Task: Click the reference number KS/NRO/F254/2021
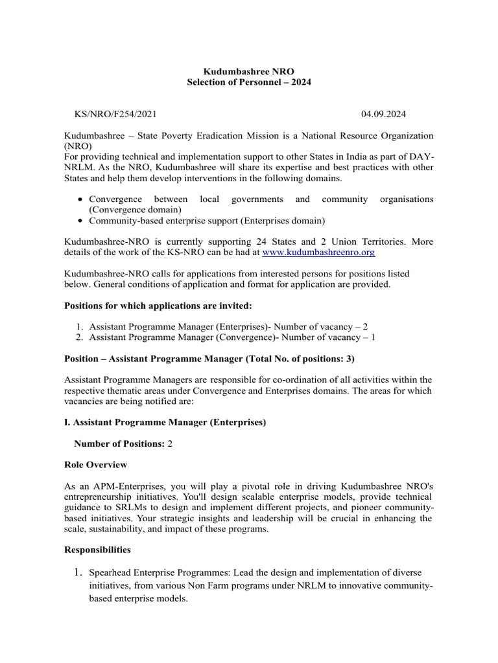pos(115,115)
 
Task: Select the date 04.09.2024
pos(383,115)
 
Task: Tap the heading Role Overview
pos(95,465)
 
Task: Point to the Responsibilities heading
pos(97,550)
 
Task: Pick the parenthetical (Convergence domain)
pos(136,210)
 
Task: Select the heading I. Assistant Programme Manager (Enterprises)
pos(165,422)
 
